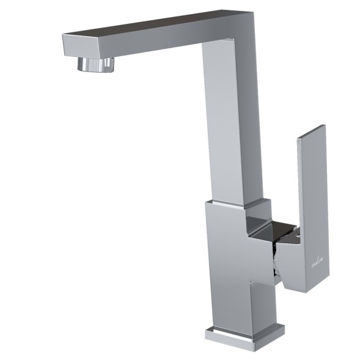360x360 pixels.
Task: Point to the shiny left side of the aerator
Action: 81,64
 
